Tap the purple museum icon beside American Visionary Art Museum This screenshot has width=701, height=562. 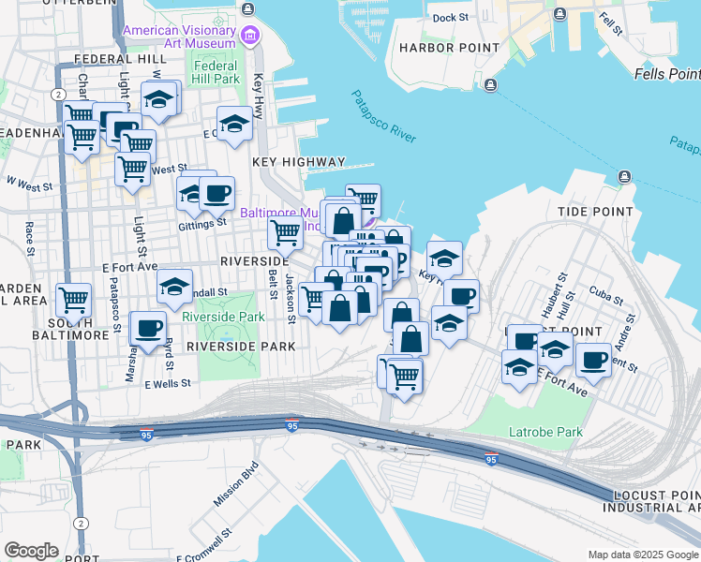click(249, 37)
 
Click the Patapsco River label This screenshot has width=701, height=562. click(384, 116)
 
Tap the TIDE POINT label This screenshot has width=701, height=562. click(595, 212)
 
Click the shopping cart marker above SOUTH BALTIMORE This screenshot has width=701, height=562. click(73, 301)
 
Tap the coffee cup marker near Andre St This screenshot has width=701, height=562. click(592, 359)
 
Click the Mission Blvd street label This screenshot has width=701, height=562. click(235, 484)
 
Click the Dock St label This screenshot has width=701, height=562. click(450, 18)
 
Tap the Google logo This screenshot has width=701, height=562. click(31, 551)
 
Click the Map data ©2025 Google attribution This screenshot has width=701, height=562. click(643, 555)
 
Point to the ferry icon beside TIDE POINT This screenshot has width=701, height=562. click(624, 177)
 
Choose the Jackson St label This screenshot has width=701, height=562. click(291, 299)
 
